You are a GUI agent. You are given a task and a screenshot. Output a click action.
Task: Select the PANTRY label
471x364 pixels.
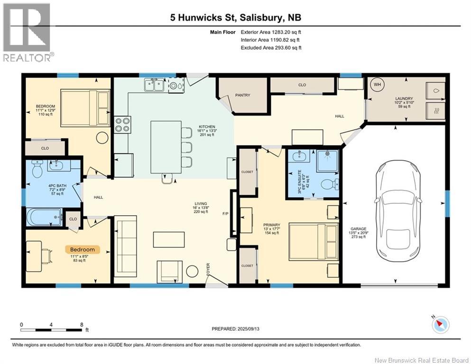[243, 95]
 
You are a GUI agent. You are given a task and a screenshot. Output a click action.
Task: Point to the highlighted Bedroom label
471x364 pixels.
[83, 249]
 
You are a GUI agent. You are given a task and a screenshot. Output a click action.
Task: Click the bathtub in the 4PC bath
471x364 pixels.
[44, 218]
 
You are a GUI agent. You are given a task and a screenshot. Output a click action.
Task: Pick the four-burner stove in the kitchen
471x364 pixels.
[122, 124]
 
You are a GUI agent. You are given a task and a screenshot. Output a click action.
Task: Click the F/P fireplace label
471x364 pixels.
[226, 214]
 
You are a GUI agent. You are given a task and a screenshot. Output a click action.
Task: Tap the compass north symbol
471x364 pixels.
[441, 325]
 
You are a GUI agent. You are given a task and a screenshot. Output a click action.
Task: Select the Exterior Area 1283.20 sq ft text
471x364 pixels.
[271, 32]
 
